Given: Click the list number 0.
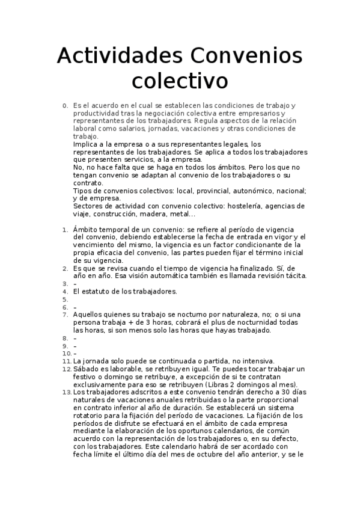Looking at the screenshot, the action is (x=65, y=106).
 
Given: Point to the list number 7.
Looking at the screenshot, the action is (x=65, y=314).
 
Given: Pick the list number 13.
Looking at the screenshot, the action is (x=66, y=392).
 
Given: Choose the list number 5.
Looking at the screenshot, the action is (x=65, y=299).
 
